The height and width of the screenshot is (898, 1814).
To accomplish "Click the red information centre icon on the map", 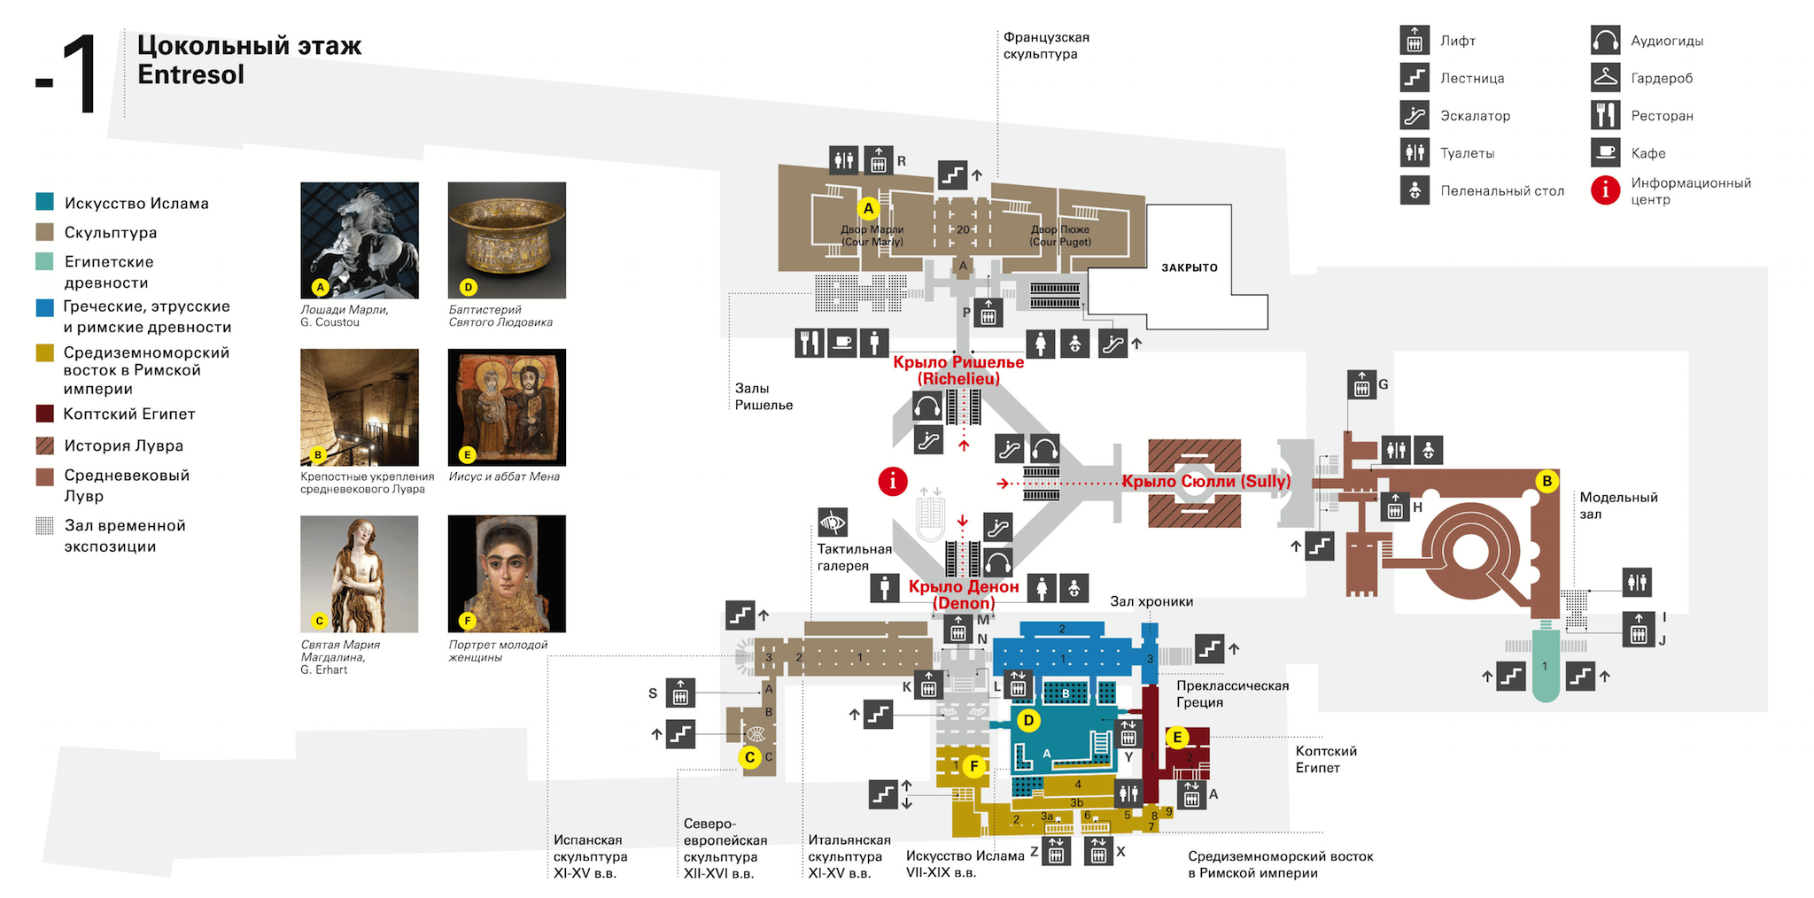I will pyautogui.click(x=892, y=481).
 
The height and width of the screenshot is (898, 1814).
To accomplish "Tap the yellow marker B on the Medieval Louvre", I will pyautogui.click(x=1547, y=482).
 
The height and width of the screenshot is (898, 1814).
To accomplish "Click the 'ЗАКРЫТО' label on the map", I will pyautogui.click(x=1189, y=267).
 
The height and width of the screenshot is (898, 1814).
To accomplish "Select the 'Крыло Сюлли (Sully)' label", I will pyautogui.click(x=1205, y=482).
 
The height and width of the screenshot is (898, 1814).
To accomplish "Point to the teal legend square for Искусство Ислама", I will pyautogui.click(x=44, y=202).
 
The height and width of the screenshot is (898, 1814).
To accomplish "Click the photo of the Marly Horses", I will pyautogui.click(x=359, y=240).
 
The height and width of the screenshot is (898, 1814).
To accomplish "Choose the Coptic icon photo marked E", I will pyautogui.click(x=507, y=406).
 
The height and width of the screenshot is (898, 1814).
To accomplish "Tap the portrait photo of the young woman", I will pyautogui.click(x=507, y=573).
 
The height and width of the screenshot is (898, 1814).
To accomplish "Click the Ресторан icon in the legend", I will pyautogui.click(x=1605, y=115).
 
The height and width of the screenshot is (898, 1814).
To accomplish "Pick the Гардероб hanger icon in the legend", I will pyautogui.click(x=1605, y=78).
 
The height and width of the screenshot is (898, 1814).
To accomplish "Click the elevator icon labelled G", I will pyautogui.click(x=1360, y=385).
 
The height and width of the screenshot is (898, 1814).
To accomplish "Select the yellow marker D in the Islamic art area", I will pyautogui.click(x=1028, y=721).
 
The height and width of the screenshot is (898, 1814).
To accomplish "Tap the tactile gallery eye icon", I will pyautogui.click(x=833, y=523).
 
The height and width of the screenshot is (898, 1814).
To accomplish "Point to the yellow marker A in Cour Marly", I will pyautogui.click(x=868, y=209).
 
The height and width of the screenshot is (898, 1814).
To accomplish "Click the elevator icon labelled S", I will pyautogui.click(x=680, y=693).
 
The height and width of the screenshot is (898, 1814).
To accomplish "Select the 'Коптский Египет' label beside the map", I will pyautogui.click(x=1325, y=759).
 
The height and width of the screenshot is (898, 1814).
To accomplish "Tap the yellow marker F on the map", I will pyautogui.click(x=973, y=766).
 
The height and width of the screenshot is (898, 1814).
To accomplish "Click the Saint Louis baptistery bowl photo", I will pyautogui.click(x=507, y=240).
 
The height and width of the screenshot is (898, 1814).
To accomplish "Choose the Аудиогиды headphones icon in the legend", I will pyautogui.click(x=1605, y=41).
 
